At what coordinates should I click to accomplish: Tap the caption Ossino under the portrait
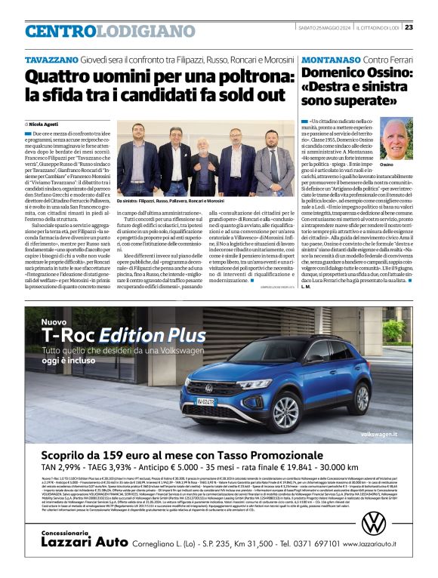387,164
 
